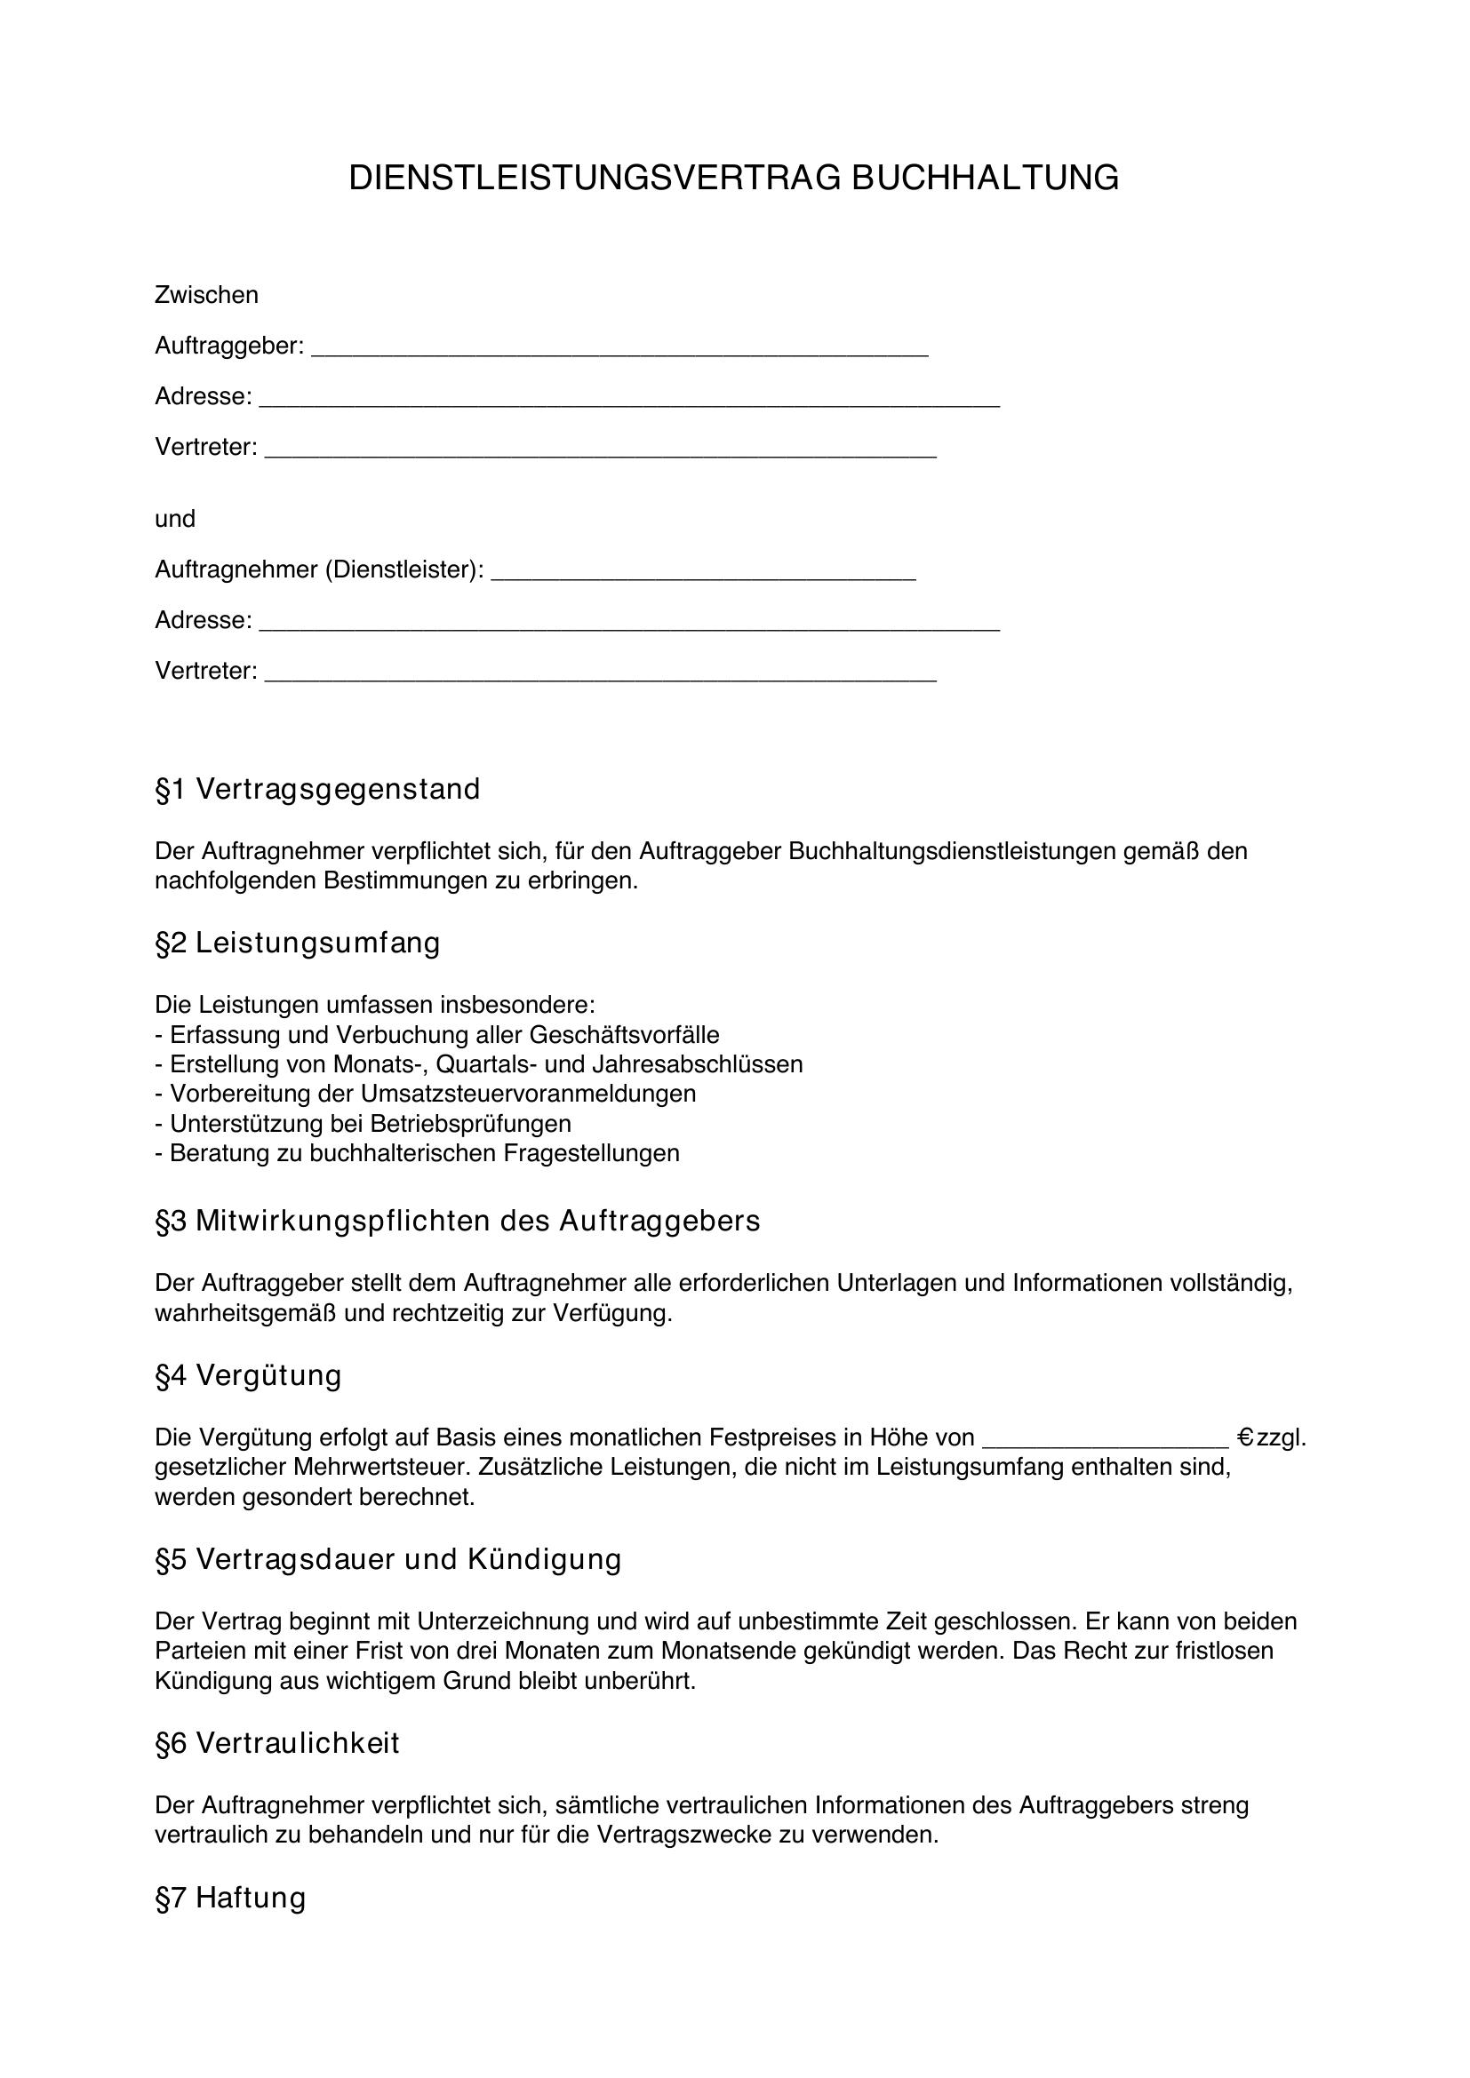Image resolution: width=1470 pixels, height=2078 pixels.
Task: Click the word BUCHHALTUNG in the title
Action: tap(985, 179)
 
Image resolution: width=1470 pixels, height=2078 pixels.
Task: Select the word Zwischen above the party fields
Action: tap(206, 295)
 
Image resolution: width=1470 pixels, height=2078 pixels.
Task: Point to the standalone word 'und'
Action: tap(175, 519)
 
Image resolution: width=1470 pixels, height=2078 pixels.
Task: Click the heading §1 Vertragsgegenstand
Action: tap(317, 789)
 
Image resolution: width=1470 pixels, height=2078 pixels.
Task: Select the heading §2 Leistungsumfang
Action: tap(298, 943)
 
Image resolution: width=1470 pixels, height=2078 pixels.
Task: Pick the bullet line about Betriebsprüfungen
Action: tap(363, 1123)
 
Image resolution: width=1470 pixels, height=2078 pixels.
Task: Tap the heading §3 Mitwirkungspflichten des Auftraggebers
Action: tap(458, 1221)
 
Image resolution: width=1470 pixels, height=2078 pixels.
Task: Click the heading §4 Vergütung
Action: tap(249, 1374)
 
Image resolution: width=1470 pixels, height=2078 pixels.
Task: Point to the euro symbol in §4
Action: tap(1244, 1437)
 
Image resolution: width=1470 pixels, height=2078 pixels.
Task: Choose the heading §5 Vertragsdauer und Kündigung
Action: tap(388, 1559)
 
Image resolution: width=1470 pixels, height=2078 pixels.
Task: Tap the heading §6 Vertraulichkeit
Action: tap(277, 1743)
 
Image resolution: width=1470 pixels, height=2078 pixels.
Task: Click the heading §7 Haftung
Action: tap(231, 1897)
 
